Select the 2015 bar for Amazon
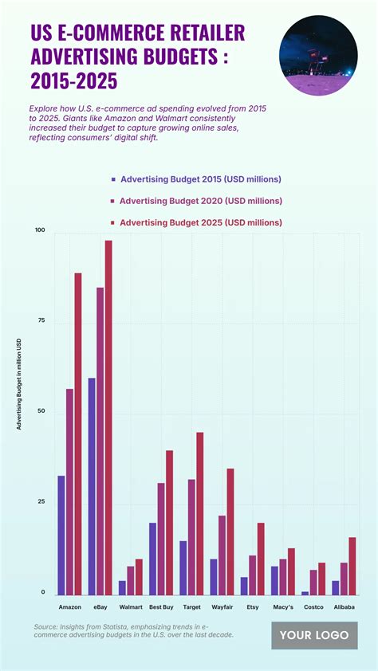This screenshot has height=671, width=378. coord(61,535)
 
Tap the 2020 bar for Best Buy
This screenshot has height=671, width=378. coord(160,538)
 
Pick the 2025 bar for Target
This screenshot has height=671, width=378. coord(200,513)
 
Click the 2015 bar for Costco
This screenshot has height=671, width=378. coord(305,593)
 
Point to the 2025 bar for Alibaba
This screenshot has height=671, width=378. coord(352,566)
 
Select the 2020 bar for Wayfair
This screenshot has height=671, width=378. coord(222,555)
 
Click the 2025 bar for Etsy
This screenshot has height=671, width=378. coord(261,559)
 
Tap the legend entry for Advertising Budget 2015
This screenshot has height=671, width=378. coord(196,179)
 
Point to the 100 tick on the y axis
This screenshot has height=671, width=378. coord(40,231)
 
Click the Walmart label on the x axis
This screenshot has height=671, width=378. coord(130,607)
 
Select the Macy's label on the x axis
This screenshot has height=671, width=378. coord(283,607)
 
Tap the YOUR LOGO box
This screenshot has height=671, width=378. coord(314,635)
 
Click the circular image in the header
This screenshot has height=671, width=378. coord(318,56)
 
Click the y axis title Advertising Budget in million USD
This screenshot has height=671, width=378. coord(19,384)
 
